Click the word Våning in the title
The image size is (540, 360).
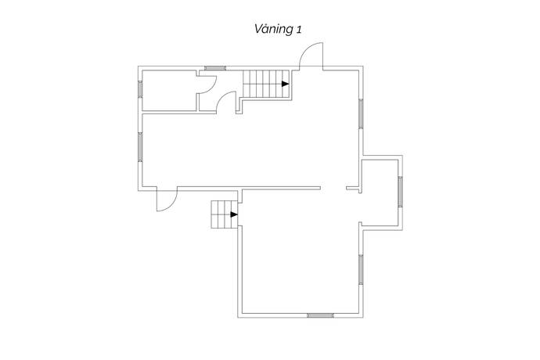tap(273, 29)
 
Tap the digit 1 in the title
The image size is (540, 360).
tap(299, 30)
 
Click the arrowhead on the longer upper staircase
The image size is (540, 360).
tap(285, 84)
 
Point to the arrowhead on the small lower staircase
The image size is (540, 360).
tap(234, 214)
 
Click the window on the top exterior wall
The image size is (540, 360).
tap(215, 68)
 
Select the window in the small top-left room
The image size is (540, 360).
tap(140, 89)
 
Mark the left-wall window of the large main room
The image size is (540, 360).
tap(140, 147)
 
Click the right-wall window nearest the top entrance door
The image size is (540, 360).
tap(361, 113)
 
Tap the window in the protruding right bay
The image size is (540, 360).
tap(400, 192)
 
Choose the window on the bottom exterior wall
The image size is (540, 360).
tap(320, 315)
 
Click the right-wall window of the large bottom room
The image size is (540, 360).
tap(361, 269)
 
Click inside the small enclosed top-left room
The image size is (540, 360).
tap(169, 91)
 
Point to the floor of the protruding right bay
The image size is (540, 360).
tap(380, 193)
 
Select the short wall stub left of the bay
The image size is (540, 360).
tap(353, 188)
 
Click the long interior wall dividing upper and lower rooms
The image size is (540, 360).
tap(249, 188)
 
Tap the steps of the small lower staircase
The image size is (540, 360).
tap(224, 214)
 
